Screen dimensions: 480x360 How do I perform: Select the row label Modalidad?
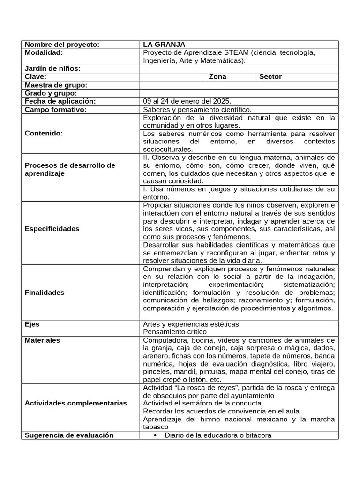[44, 52]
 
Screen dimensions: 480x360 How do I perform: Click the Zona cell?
[217, 77]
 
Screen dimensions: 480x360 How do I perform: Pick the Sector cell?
[270, 77]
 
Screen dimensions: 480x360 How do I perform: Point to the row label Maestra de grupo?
[56, 85]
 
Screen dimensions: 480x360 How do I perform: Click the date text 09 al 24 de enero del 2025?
[187, 101]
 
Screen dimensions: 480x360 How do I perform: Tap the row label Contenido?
[44, 133]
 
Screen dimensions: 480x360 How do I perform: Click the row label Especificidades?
[52, 229]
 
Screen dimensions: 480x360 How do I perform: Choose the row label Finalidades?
[45, 292]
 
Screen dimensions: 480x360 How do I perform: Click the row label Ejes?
[32, 324]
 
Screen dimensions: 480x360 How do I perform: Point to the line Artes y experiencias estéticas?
[191, 324]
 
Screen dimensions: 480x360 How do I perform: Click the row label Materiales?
[42, 340]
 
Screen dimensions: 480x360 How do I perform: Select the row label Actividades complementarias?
[75, 403]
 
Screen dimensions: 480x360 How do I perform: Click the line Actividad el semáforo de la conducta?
[202, 403]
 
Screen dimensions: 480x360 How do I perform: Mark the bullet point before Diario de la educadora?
[155, 435]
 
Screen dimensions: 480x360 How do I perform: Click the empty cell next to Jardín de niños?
[239, 69]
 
